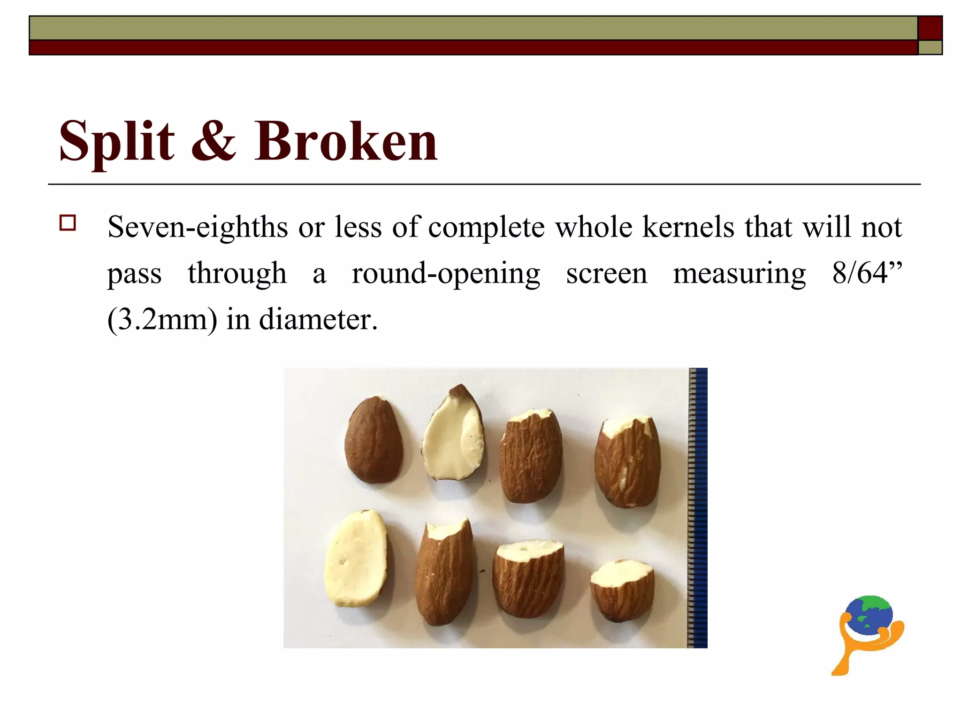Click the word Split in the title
[117, 141]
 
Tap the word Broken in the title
[346, 141]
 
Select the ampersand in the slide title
[214, 141]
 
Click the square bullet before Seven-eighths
[68, 222]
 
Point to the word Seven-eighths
[198, 228]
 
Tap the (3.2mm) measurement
[162, 319]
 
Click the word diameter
[318, 319]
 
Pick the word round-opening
[446, 273]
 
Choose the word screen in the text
[606, 273]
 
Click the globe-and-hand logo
[869, 634]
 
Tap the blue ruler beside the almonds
[698, 507]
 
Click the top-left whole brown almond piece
[374, 440]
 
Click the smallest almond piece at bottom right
[622, 591]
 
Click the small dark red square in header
[930, 28]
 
